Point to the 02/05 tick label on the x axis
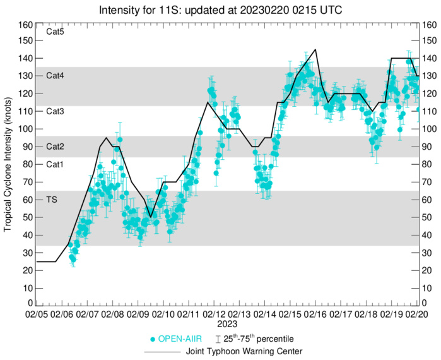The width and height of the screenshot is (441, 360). pos(37,313)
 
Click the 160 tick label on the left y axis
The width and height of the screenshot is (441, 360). pos(26,25)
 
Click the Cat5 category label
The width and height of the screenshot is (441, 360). pos(56,31)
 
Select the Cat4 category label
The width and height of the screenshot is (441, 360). pos(56,75)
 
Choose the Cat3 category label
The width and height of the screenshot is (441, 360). pos(56,111)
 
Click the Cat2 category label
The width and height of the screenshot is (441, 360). pos(56,146)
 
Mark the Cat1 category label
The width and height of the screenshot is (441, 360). pos(56,164)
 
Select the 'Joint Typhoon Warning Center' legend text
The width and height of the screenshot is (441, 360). pos(244,351)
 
